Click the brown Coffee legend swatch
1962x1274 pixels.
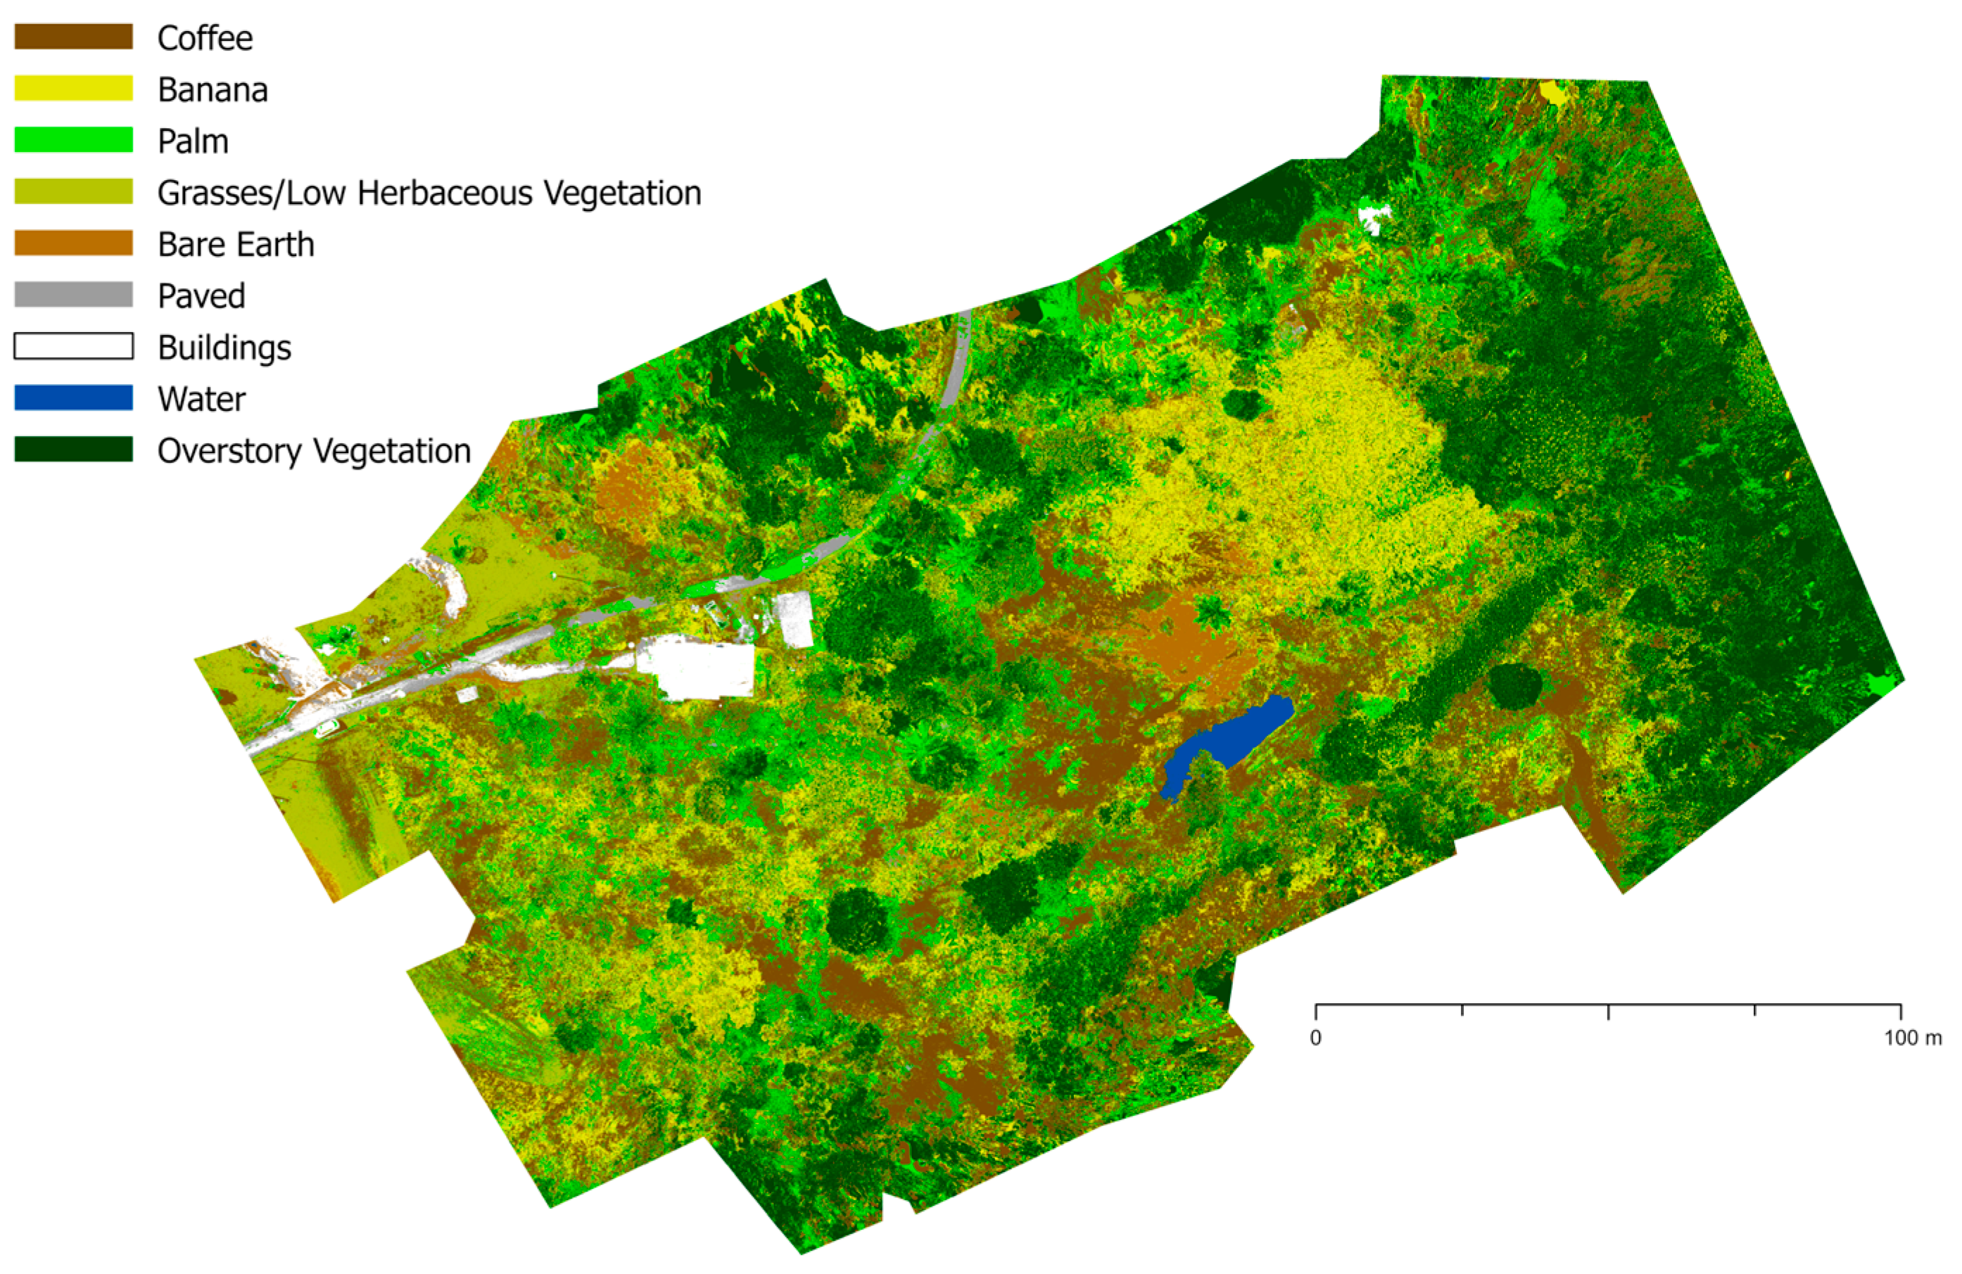[73, 37]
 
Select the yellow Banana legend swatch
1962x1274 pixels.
[73, 88]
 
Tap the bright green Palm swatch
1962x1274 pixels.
[73, 140]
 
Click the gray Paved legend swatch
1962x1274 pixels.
[73, 294]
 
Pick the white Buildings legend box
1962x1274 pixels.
[73, 346]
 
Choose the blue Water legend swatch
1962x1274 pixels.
[73, 397]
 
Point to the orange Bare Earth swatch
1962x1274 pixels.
[73, 243]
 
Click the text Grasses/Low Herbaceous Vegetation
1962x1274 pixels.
[429, 193]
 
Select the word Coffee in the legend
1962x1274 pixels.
[205, 38]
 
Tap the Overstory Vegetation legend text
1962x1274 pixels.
[313, 451]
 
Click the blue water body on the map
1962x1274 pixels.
[1228, 741]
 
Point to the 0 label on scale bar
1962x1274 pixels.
[1316, 1038]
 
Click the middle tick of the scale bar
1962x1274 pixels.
[1608, 1011]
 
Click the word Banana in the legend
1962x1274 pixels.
[213, 90]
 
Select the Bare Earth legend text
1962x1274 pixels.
[236, 245]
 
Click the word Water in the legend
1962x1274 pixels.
[201, 399]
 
